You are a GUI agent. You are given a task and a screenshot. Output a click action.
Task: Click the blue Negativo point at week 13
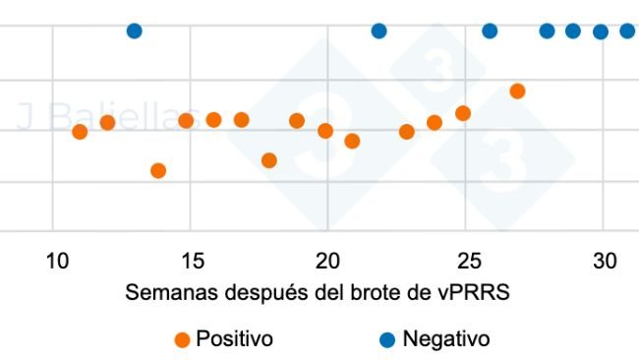(x=135, y=31)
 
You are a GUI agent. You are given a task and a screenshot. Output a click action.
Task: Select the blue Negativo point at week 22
(x=378, y=31)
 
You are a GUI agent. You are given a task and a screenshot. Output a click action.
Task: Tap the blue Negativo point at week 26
(x=490, y=31)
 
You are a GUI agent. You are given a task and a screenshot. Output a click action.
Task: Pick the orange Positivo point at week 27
(x=518, y=91)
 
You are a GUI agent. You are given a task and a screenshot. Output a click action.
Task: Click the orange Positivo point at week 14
(x=158, y=171)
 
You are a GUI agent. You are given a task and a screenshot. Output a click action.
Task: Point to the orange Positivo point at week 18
(x=269, y=160)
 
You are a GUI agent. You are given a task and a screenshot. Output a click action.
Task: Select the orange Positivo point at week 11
(x=80, y=132)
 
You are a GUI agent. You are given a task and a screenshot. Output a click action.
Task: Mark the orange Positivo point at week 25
(x=463, y=113)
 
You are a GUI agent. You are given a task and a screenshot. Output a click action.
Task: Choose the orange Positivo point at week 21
(x=352, y=142)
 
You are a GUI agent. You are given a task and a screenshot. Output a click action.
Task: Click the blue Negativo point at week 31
(x=628, y=31)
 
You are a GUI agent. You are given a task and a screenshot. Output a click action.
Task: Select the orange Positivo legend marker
(x=181, y=340)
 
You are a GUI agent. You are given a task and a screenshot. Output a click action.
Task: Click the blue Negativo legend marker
(x=387, y=340)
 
